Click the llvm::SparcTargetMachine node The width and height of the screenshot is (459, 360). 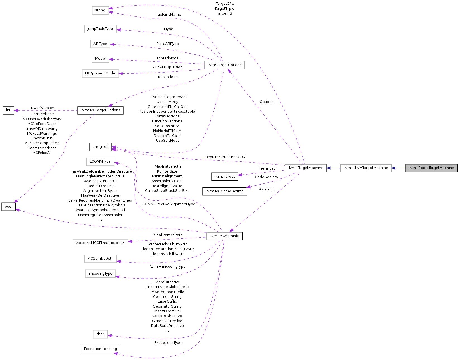coord(431,168)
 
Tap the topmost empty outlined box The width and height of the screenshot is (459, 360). coord(100,10)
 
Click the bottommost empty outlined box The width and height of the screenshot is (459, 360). coord(100,349)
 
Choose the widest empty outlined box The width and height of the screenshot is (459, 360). coord(100,243)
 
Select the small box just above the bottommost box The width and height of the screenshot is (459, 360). coord(100,334)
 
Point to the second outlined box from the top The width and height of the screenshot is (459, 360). coord(100,29)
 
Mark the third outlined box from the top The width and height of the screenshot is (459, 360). coord(100,44)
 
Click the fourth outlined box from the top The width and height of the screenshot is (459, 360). coord(100,59)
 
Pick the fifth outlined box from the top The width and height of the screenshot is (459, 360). coord(100,74)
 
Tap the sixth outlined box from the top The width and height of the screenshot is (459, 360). coord(100,162)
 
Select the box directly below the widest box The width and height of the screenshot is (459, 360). coord(100,259)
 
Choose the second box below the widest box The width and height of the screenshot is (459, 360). coord(100,274)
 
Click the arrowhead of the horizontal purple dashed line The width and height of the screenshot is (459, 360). coord(16,110)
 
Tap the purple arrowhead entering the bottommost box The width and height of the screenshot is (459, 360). coord(116,354)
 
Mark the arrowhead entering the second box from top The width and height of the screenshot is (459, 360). coord(118,30)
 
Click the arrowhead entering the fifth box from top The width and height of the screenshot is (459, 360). coord(121,74)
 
